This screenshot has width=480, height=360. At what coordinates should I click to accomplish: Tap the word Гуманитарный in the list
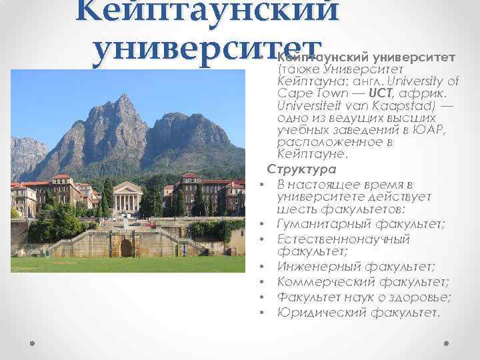pyautogui.click(x=318, y=224)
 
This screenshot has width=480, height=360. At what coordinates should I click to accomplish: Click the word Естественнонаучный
pyautogui.click(x=343, y=239)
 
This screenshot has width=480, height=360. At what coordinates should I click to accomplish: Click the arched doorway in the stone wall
pyautogui.click(x=126, y=247)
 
